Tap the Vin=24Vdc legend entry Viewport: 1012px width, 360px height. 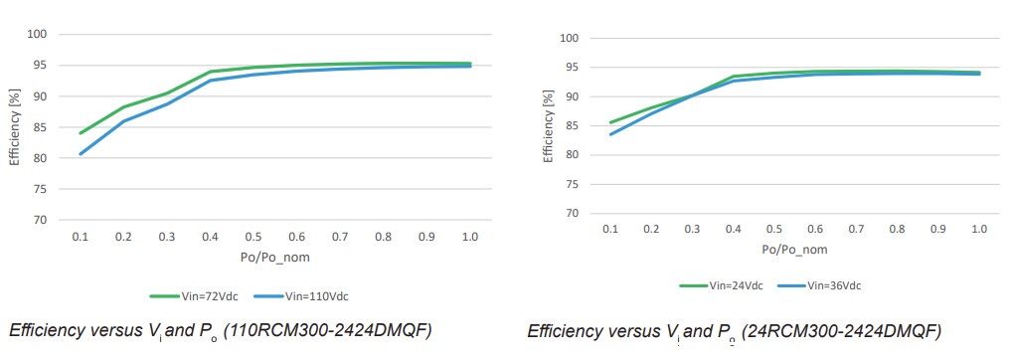pos(722,285)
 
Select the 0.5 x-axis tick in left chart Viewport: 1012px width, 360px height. pos(253,239)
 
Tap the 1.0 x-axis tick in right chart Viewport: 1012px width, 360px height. pos(979,230)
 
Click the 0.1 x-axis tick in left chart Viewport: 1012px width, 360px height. pos(81,239)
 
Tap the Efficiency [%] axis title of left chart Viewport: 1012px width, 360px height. pos(15,127)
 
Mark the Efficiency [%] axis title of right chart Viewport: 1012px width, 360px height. pos(548,126)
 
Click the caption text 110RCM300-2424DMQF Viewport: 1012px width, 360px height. pos(332,330)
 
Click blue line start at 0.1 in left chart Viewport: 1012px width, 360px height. pos(81,153)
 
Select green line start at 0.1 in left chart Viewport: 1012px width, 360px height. pos(81,132)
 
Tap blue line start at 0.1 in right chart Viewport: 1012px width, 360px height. pos(611,134)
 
